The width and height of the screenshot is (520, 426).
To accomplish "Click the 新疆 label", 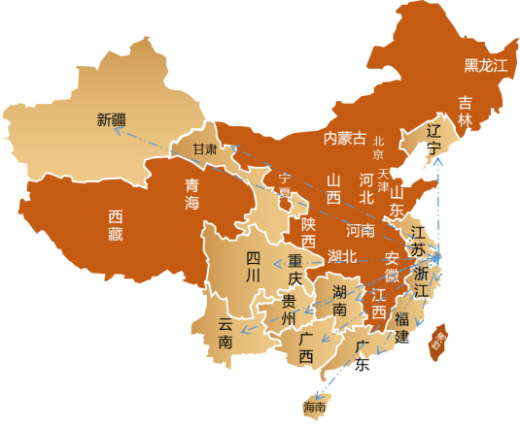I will pos(112,120).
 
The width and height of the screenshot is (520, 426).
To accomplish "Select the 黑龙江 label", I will pos(485,65).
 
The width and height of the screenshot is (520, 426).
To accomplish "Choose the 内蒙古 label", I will pos(345,139).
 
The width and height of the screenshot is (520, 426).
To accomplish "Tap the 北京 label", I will pos(378,147).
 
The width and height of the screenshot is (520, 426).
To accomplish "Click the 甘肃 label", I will pos(204,149).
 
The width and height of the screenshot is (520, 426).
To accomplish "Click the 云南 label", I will pos(225,333).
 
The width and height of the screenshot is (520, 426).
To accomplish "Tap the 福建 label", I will pos(401,328).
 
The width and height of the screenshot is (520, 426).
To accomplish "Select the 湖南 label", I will pos(340,301).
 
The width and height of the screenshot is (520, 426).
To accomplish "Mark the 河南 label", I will pos(361,231).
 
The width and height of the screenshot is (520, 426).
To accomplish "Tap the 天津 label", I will pos(384,180).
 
